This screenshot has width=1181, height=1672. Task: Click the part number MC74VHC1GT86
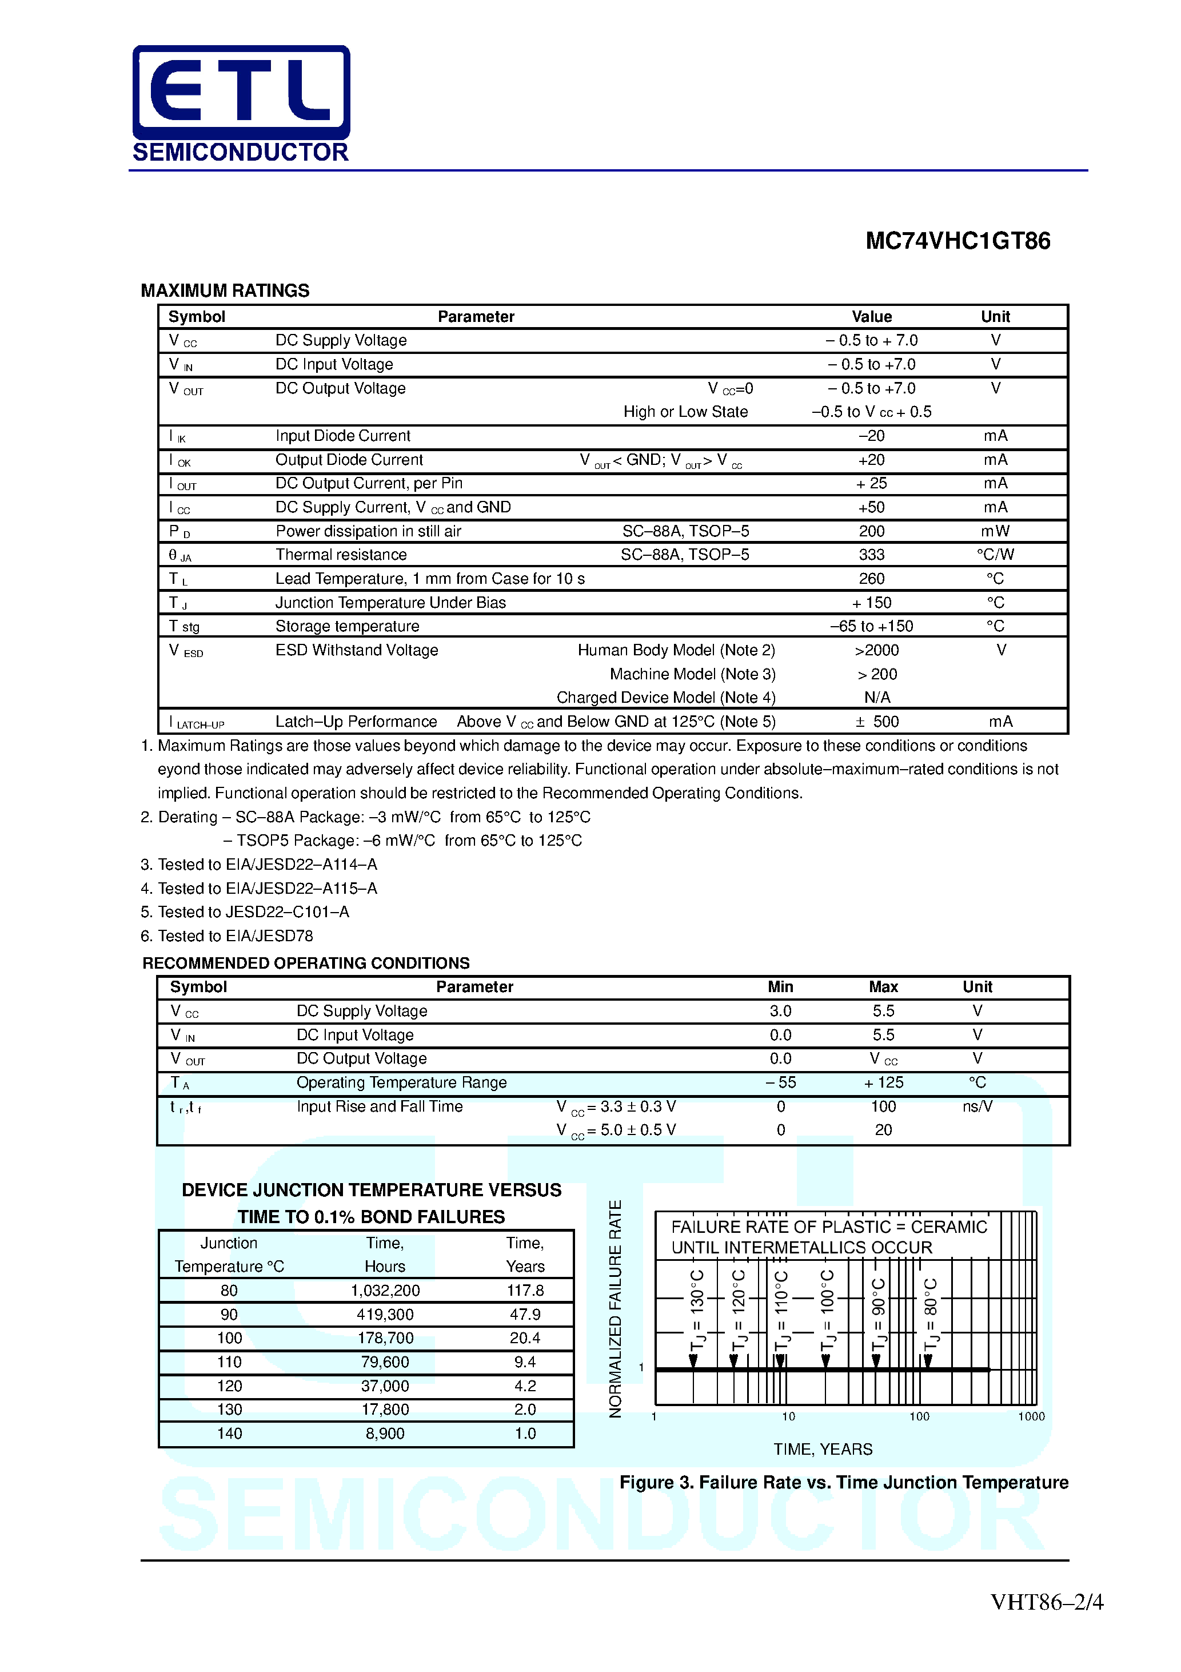pyautogui.click(x=957, y=241)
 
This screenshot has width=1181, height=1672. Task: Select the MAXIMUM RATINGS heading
pyautogui.click(x=225, y=290)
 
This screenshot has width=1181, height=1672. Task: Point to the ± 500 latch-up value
pyautogui.click(x=877, y=722)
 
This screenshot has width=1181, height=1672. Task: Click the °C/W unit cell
pyautogui.click(x=995, y=555)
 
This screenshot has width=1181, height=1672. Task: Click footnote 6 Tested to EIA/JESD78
pyautogui.click(x=226, y=935)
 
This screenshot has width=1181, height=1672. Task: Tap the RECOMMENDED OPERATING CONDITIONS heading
pyautogui.click(x=306, y=963)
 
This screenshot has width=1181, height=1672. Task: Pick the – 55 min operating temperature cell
pyautogui.click(x=780, y=1083)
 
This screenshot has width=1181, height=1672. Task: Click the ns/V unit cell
pyautogui.click(x=976, y=1107)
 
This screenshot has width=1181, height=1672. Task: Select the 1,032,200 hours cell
pyautogui.click(x=385, y=1291)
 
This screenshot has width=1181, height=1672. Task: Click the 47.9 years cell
pyautogui.click(x=524, y=1315)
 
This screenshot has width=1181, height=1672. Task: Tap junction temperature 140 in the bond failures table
pyautogui.click(x=229, y=1434)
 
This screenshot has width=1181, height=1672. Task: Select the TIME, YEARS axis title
pyautogui.click(x=822, y=1449)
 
